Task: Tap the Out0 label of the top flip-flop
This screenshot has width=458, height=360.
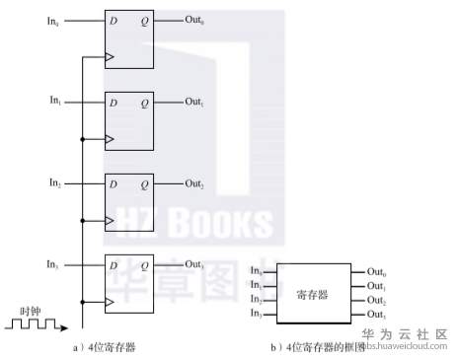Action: tap(194, 19)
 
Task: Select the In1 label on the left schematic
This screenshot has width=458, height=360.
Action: tap(55, 100)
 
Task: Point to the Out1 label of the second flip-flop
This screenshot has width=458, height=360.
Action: tap(194, 102)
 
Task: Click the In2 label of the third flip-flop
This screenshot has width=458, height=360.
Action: tap(55, 182)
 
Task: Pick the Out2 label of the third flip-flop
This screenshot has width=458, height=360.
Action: tap(194, 184)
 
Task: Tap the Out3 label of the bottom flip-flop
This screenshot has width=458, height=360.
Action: tap(194, 265)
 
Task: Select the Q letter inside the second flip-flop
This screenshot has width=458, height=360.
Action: tap(144, 103)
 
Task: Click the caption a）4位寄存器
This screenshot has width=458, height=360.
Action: tap(103, 347)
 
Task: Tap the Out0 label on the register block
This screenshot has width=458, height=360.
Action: tap(376, 271)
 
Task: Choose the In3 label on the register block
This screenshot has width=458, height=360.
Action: tap(256, 313)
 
